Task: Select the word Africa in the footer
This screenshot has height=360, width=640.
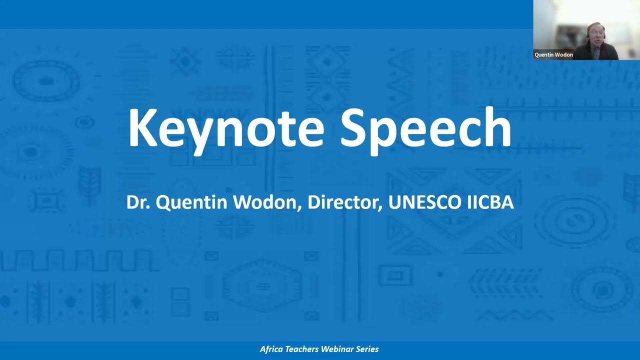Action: [x=272, y=349]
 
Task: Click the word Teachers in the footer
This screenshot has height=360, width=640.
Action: [x=304, y=349]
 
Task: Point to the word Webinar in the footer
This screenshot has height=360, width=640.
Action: [x=339, y=349]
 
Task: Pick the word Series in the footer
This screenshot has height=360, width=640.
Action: [x=367, y=349]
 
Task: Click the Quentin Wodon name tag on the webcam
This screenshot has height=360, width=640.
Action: [x=553, y=55]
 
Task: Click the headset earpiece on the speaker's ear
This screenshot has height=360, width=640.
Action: [x=587, y=35]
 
